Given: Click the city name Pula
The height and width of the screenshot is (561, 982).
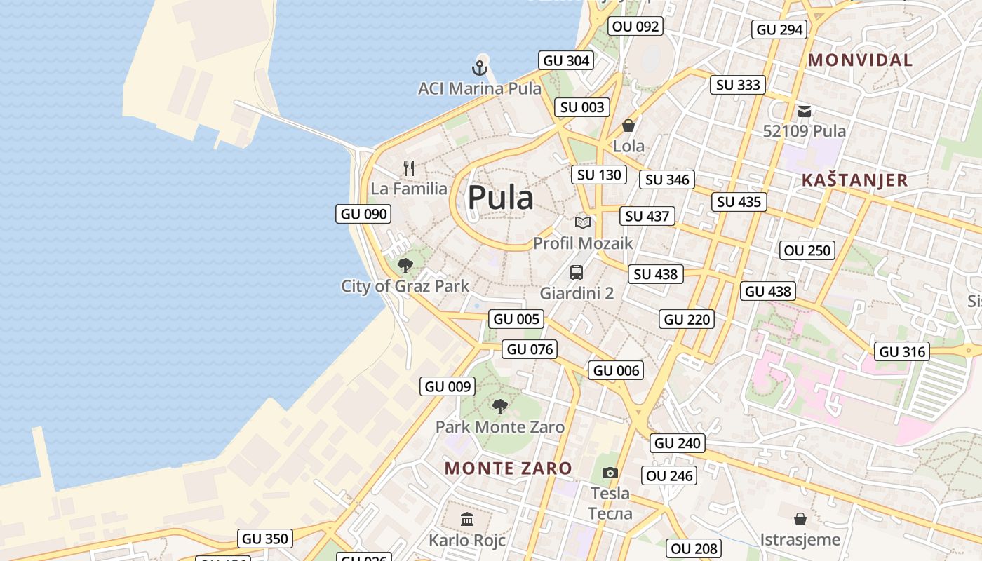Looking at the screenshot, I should pos(500,198).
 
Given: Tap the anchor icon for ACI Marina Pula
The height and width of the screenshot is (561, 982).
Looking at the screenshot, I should pos(480,68).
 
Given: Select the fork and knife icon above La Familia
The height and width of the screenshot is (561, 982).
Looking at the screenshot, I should pos(410,168).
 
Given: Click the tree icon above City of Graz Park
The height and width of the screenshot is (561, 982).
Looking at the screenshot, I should pos(405,265).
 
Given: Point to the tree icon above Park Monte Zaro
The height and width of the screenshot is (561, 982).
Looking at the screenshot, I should pos(499,406).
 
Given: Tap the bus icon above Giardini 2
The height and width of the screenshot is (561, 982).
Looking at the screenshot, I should pos(577,272).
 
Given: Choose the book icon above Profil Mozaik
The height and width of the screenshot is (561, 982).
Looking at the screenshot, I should pos(583,222).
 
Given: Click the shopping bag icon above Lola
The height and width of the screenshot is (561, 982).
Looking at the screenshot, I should pos(628,126).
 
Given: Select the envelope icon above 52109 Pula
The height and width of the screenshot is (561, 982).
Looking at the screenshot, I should pos(805,111).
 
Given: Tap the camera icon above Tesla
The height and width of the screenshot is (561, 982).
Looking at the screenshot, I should pos(610,473).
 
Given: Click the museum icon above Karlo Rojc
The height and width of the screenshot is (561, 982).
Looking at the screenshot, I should pos(467,520).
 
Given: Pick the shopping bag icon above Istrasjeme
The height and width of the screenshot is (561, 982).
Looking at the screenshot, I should pos(800,519).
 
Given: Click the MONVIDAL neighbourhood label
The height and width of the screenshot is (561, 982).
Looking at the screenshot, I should pos(860,60).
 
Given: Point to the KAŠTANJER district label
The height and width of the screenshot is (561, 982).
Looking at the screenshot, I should pos(854,180).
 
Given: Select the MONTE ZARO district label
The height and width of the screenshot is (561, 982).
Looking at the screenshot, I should pos(509,468).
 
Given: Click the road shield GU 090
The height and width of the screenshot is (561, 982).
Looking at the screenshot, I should pos(363,214).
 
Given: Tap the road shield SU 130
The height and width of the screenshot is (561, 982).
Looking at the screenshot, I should pos(599,175).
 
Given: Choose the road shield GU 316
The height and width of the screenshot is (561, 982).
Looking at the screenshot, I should pos(903,351).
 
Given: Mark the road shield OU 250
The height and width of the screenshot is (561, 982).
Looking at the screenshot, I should pos(807,250).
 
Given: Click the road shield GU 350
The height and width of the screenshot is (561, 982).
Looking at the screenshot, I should pos(264,539).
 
